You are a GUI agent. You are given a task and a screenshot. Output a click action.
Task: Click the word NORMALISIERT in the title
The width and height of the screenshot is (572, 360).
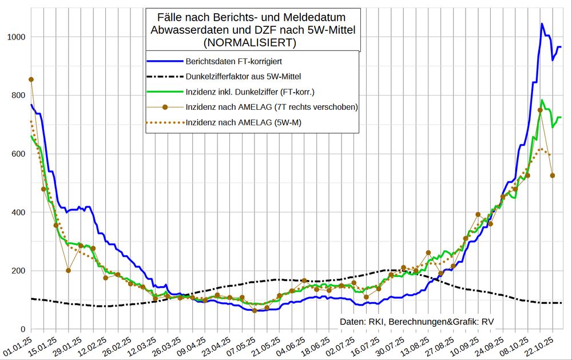[x=252, y=42]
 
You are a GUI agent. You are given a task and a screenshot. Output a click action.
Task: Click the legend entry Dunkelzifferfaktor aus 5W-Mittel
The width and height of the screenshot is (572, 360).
[x=244, y=76]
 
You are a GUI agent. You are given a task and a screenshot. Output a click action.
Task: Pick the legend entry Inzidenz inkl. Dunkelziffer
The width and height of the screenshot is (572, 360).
[x=249, y=91]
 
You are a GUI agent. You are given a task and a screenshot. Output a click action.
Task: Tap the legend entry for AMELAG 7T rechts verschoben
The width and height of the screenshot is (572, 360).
[x=272, y=106]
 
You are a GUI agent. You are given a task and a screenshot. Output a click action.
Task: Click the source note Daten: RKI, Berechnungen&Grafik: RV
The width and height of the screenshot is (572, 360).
[x=416, y=322]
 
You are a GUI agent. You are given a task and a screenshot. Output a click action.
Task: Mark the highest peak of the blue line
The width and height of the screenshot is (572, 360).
[x=542, y=24]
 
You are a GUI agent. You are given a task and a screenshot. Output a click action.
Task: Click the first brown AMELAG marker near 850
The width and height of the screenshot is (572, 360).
[x=31, y=80]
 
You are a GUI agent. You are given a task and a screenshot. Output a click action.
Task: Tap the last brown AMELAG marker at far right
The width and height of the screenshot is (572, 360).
[x=553, y=176]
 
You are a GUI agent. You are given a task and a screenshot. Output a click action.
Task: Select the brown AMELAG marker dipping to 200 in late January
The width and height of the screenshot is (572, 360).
[x=68, y=270]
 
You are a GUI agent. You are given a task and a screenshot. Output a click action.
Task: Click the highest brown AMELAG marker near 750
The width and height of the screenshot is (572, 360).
[x=540, y=110]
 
